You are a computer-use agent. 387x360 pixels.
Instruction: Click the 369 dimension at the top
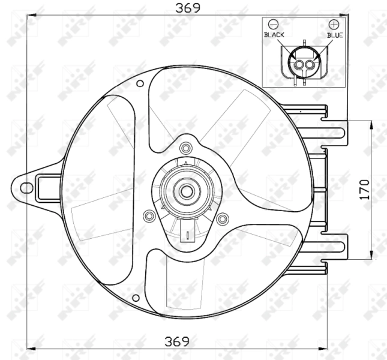pos(188,8)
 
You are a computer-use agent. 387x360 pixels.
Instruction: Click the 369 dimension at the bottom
pos(178,341)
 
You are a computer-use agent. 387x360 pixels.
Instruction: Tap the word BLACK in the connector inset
pos(274,35)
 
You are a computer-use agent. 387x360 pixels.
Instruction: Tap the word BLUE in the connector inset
pos(335,35)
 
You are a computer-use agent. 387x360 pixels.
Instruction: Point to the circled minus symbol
pos(274,25)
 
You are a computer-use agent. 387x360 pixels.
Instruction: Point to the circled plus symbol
pos(334,25)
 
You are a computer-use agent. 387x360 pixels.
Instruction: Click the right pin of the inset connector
pos(310,64)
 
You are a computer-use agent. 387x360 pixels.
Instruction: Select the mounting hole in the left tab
pos(26,187)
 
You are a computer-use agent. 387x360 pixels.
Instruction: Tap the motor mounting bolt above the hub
pos(185,148)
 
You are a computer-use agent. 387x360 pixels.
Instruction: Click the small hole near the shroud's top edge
pos(140,83)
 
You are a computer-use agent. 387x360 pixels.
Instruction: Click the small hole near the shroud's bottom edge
pos(137,298)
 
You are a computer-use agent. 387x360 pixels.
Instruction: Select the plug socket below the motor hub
pos(187,235)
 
